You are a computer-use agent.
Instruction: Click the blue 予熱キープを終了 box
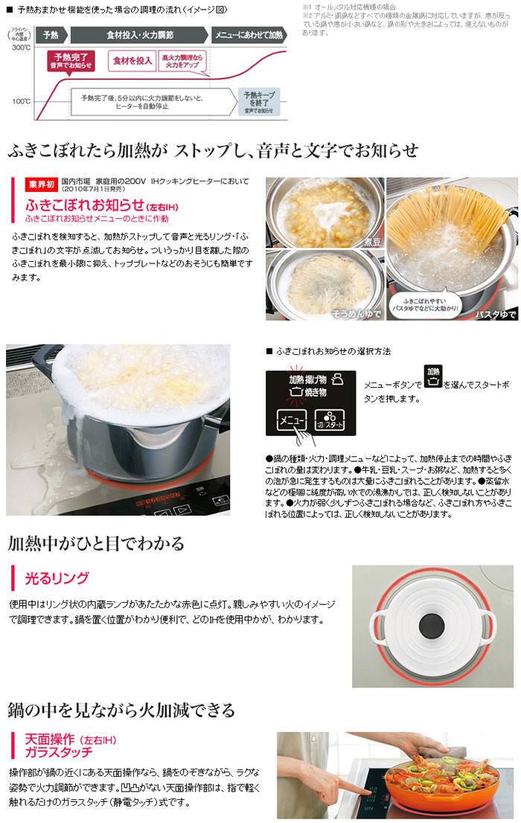pos(260,100)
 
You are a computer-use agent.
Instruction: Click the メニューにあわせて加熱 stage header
pos(248,35)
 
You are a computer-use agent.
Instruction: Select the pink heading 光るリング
pos(57,577)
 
